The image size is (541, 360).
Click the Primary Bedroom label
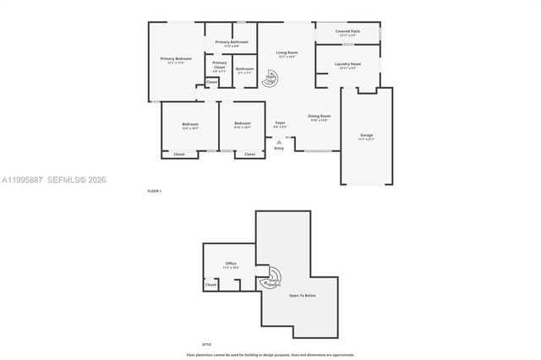pyautogui.click(x=176, y=59)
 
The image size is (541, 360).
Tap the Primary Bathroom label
pyautogui.click(x=231, y=42)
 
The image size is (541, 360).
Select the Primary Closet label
pyautogui.click(x=219, y=64)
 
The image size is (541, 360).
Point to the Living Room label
pyautogui.click(x=287, y=54)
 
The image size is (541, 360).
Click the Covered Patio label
pyautogui.click(x=348, y=31)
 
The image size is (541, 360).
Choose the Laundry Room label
pyautogui.click(x=348, y=65)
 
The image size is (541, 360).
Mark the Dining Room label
pyautogui.click(x=319, y=117)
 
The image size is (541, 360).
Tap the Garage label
pyautogui.click(x=366, y=136)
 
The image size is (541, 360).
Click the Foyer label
pyautogui.click(x=280, y=124)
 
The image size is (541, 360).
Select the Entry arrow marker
pyautogui.click(x=279, y=142)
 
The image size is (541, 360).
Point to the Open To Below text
pyautogui.click(x=302, y=295)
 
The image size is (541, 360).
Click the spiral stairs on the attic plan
pyautogui.click(x=272, y=280)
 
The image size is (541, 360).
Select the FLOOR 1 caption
pyautogui.click(x=154, y=191)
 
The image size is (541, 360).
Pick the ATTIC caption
pyautogui.click(x=206, y=344)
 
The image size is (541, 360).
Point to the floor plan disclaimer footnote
pyautogui.click(x=270, y=355)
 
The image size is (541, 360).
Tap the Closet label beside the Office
pyautogui.click(x=210, y=285)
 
